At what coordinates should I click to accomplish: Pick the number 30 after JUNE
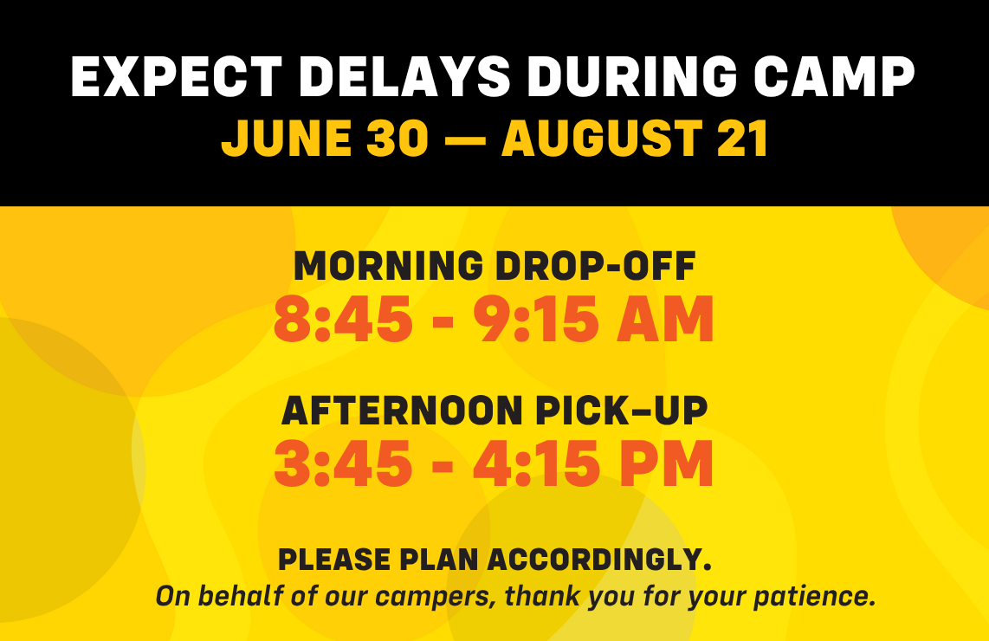click(x=398, y=139)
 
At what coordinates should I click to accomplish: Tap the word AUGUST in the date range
click(x=602, y=139)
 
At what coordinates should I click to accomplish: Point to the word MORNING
click(x=389, y=266)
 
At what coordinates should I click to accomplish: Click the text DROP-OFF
click(x=596, y=266)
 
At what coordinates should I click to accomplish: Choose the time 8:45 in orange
click(x=343, y=320)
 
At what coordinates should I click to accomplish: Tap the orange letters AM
click(x=665, y=320)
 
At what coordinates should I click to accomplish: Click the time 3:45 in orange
click(x=343, y=463)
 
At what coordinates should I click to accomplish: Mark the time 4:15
click(x=535, y=463)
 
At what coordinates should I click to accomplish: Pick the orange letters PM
click(x=665, y=463)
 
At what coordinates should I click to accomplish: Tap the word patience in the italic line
click(x=815, y=597)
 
